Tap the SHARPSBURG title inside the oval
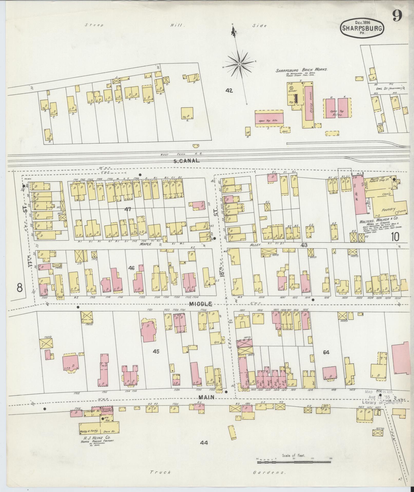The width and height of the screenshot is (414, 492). pos(362,28)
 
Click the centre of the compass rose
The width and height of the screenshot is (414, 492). pos(239,64)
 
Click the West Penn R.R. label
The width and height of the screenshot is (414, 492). pos(181,154)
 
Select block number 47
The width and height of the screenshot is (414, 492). pos(128,209)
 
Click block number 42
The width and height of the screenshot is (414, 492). pos(229,91)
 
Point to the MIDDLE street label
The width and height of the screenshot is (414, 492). pos(200,304)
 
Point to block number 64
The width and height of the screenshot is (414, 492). pos(326,352)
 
